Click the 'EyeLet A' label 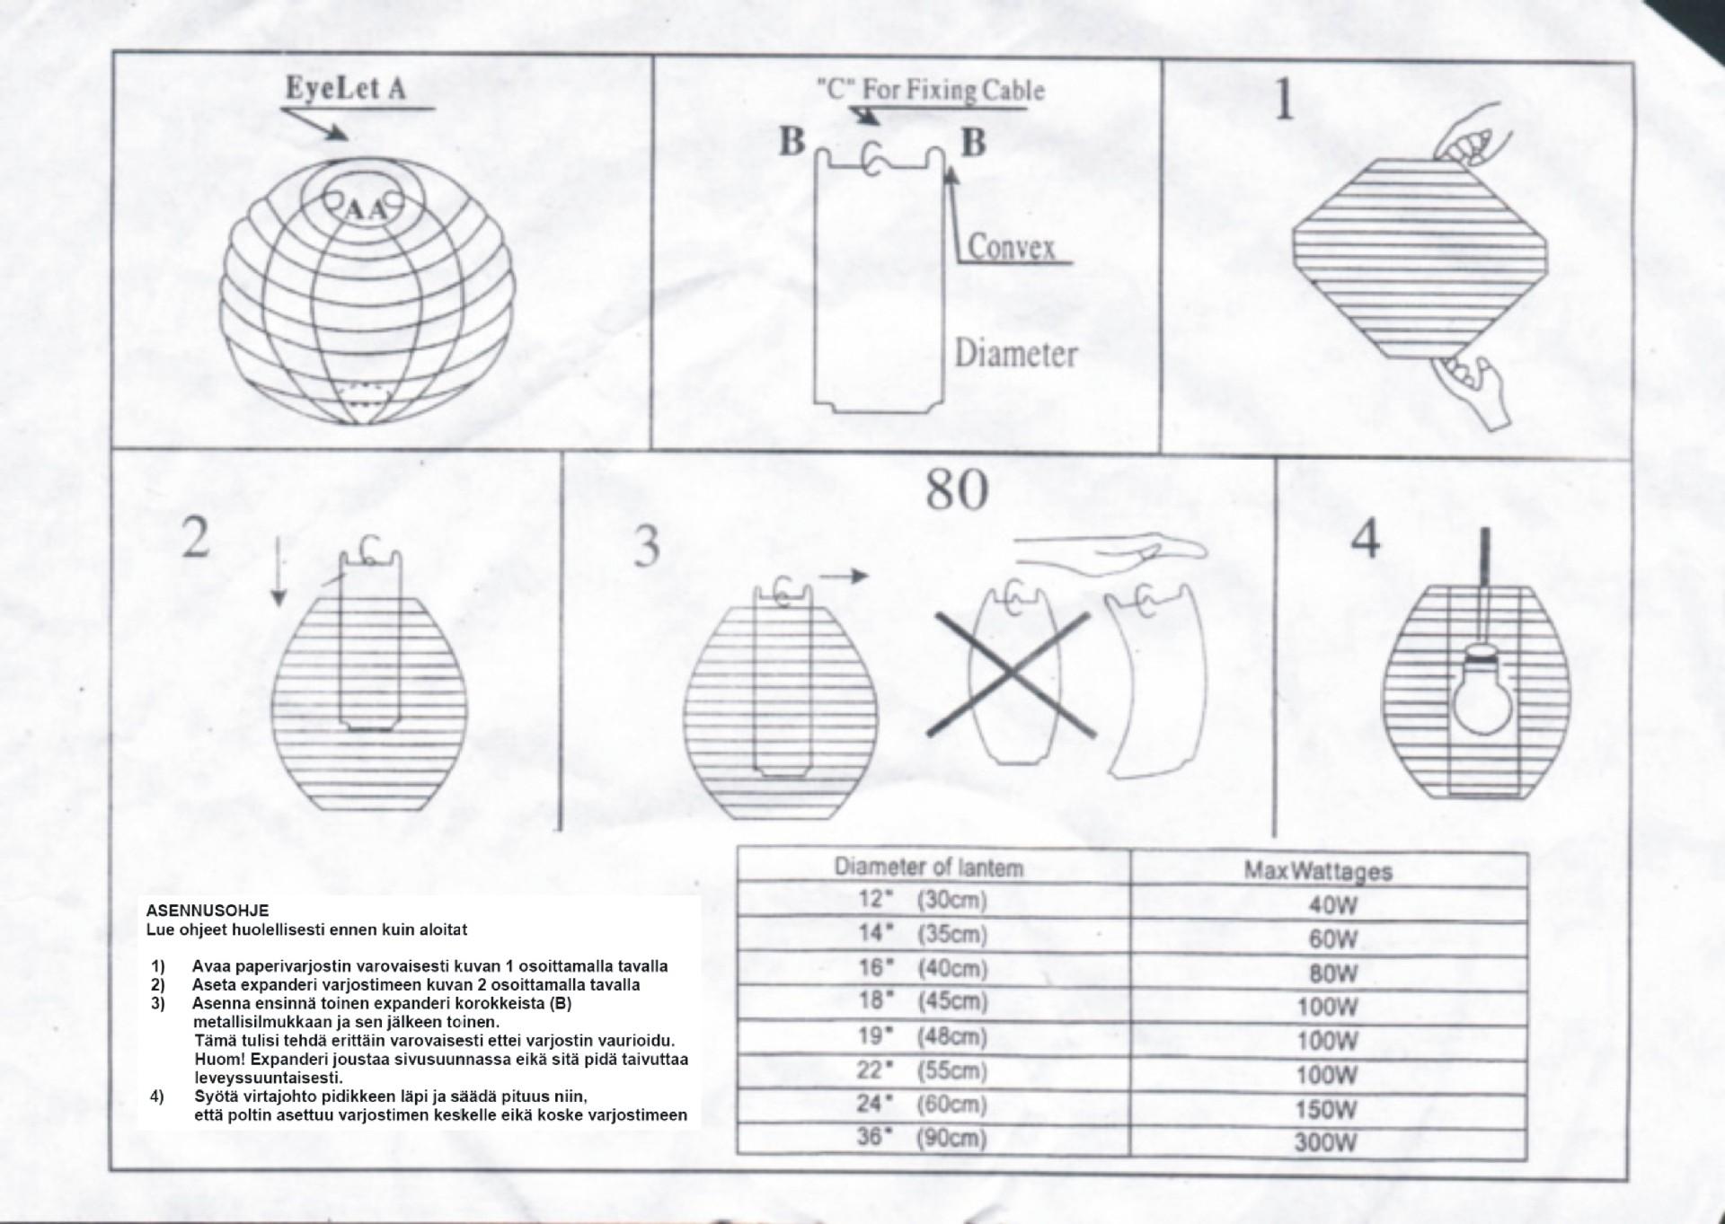[346, 89]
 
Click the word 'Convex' [1012, 246]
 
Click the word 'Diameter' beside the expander [1015, 353]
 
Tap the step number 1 [1285, 101]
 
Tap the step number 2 [196, 539]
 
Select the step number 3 [647, 546]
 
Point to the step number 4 [1366, 539]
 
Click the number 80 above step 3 [957, 489]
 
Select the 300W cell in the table [1326, 1143]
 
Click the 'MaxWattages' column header [1318, 871]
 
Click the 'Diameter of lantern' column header [928, 867]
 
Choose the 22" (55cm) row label [922, 1070]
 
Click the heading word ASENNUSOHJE [207, 911]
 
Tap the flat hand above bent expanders [1114, 548]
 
